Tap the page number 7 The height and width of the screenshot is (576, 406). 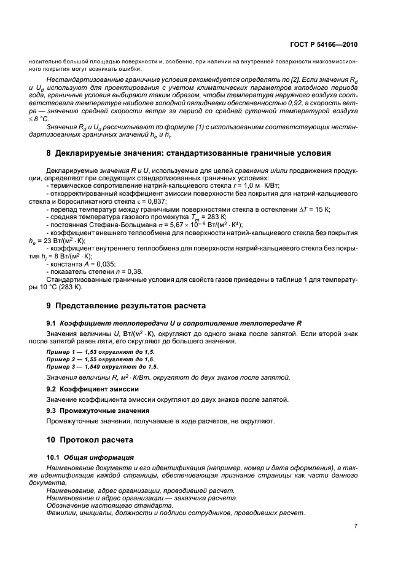point(356,526)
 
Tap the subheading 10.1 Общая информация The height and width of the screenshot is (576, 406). point(90,458)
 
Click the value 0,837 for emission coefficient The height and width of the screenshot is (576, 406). point(155,201)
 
